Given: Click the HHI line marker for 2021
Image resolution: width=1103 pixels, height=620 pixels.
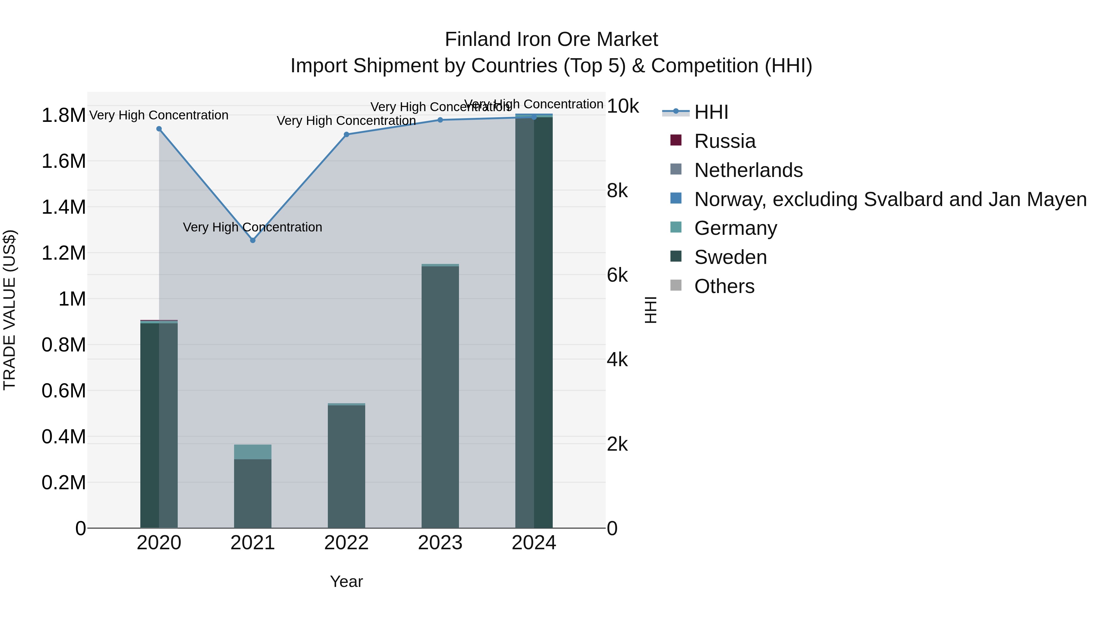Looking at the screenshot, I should pos(253,240).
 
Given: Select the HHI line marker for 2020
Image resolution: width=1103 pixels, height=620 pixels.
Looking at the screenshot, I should pos(159,129).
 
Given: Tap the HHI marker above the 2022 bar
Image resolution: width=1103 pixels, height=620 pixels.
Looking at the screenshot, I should pos(347,134).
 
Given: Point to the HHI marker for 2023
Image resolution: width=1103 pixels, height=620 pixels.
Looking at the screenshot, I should pos(440,120).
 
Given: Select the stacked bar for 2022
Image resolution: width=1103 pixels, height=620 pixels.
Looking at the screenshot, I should pos(347,466).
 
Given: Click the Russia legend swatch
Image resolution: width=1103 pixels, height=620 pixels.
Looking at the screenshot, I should pos(676,140).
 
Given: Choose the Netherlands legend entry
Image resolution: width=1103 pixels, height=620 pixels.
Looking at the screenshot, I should pos(748,170).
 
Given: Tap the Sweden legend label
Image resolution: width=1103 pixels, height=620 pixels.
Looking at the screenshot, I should pos(730,257).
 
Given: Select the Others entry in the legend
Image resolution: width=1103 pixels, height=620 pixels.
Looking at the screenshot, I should pos(724,286).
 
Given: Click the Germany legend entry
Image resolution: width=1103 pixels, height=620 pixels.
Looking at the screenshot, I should pos(735,228).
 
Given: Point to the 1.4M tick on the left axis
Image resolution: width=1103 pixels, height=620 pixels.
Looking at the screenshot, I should pos(63,207).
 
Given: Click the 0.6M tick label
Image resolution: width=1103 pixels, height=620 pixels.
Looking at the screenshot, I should pos(63,391).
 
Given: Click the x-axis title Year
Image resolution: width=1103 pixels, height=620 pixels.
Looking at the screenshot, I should pos(347,581).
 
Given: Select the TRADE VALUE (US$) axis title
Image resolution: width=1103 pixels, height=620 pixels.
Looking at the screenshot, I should pos(9,310).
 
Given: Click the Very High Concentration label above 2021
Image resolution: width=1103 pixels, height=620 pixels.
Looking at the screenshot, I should pos(253,227).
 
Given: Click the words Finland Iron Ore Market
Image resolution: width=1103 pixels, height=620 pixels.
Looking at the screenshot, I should pos(551,39).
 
